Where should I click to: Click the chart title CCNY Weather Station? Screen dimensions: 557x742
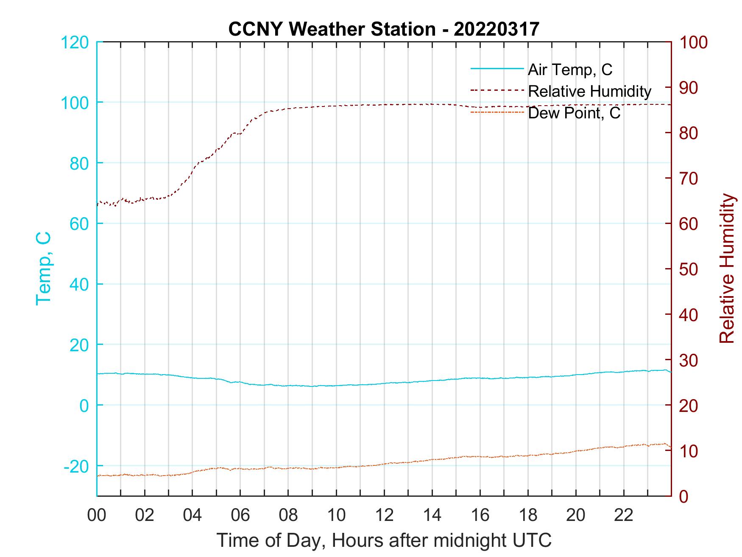coord(384,29)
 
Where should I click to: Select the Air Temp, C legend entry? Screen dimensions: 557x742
coord(570,69)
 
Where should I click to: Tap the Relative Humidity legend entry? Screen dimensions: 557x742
coord(589,91)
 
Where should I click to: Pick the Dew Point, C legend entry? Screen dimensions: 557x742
coord(574,113)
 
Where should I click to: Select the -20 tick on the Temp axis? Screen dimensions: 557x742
coord(76,466)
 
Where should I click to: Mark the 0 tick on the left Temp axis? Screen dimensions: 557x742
coord(84,406)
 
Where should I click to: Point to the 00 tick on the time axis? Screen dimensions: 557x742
coord(97,515)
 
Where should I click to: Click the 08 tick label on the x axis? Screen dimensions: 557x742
coord(288,515)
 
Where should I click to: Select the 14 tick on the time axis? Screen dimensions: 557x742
coord(432,515)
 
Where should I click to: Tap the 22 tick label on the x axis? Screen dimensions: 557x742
coord(624,515)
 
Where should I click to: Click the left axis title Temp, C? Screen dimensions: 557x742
coord(44,268)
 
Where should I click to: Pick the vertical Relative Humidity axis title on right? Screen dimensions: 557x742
coord(727,268)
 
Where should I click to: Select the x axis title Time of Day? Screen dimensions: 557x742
coord(384,540)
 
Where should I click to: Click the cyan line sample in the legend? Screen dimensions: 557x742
coord(497,69)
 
